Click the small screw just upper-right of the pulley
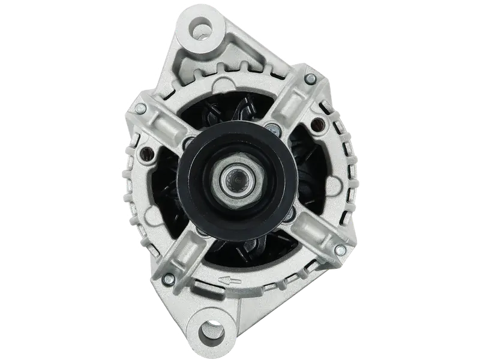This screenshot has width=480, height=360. click(x=274, y=128)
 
